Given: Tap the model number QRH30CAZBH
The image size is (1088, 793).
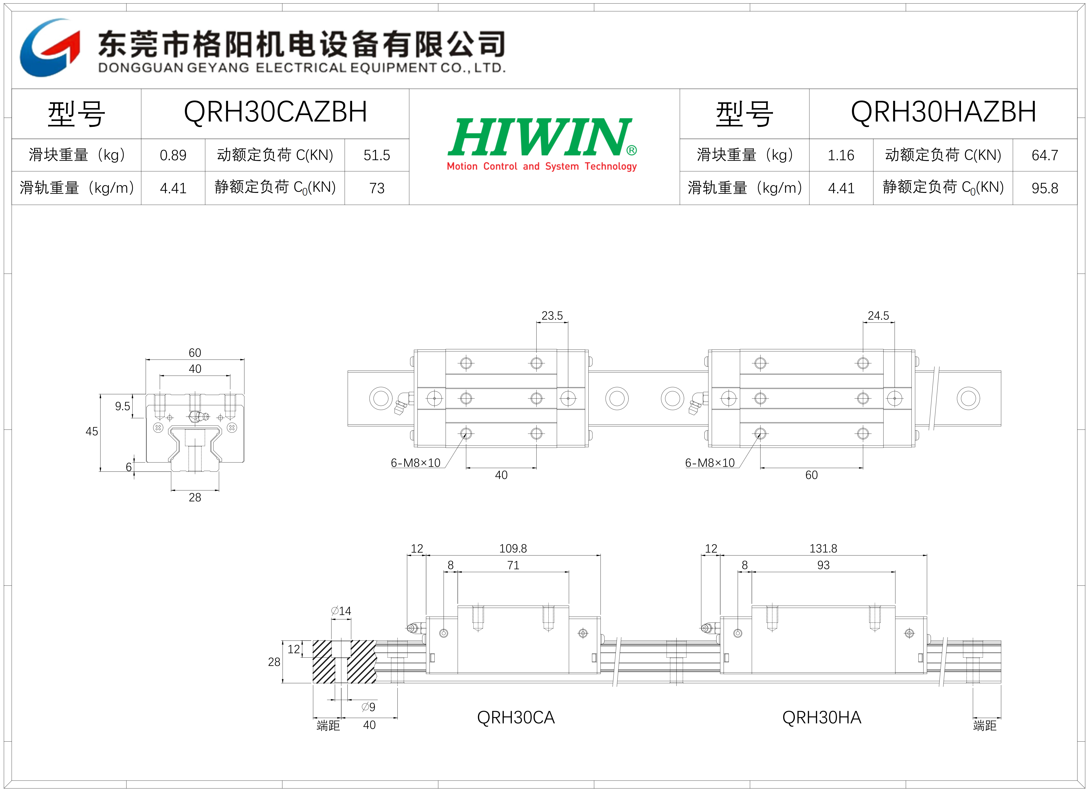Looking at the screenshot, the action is pos(275,112).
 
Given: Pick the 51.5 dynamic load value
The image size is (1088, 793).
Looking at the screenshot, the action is pos(377,155).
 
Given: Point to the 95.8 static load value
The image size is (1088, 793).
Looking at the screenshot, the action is pos(1045,188).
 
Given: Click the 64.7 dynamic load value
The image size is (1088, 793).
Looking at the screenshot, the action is pos(1045,155).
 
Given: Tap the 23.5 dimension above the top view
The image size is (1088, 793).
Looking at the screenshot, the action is pos(552,315).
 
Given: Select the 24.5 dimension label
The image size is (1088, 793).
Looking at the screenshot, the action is pos(878,315).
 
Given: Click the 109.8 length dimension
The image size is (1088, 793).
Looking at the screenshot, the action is pos(513,548).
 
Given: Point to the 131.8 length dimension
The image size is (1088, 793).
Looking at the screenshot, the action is pos(824,548).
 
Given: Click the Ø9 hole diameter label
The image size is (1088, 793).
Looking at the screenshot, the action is pos(368,707).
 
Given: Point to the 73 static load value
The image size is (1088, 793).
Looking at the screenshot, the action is pos(377,188).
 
